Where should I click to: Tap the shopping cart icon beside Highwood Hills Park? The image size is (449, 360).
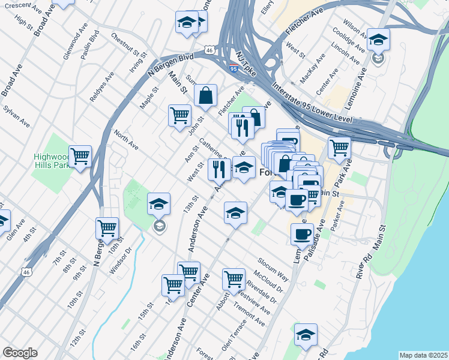80,157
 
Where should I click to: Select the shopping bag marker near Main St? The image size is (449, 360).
205,95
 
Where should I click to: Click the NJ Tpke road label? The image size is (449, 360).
246,57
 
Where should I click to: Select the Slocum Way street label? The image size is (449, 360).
273,270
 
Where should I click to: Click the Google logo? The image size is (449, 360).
20,353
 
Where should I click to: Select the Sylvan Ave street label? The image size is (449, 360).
16,116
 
